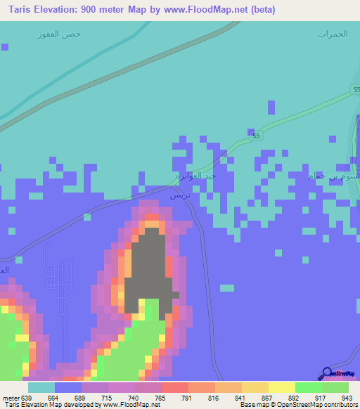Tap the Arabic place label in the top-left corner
[60, 34]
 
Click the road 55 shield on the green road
[256, 135]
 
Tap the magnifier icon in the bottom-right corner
[326, 373]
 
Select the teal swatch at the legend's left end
[41, 387]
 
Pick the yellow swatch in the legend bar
[281, 387]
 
